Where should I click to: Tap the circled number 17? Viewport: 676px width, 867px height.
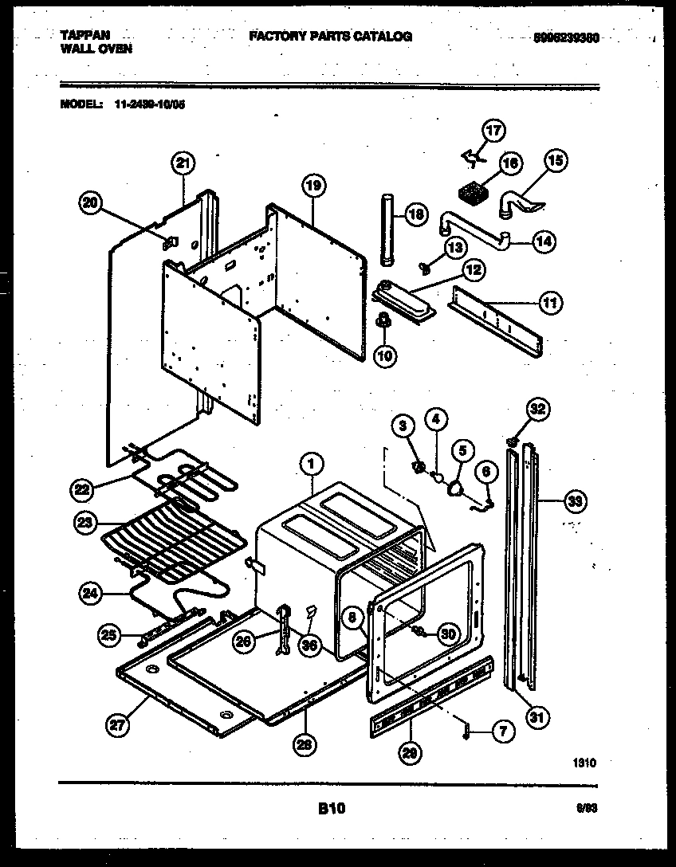pos(494,131)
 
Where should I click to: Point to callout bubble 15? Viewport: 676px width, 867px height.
pos(555,161)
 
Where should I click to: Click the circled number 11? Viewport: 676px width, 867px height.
pos(551,303)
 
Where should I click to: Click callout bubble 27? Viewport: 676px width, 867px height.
pos(117,724)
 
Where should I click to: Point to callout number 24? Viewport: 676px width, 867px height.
pos(92,592)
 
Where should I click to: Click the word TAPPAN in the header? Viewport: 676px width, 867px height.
pos(85,36)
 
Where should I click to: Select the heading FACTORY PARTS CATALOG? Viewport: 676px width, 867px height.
pos(330,37)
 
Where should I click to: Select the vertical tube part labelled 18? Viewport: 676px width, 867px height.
pos(388,230)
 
